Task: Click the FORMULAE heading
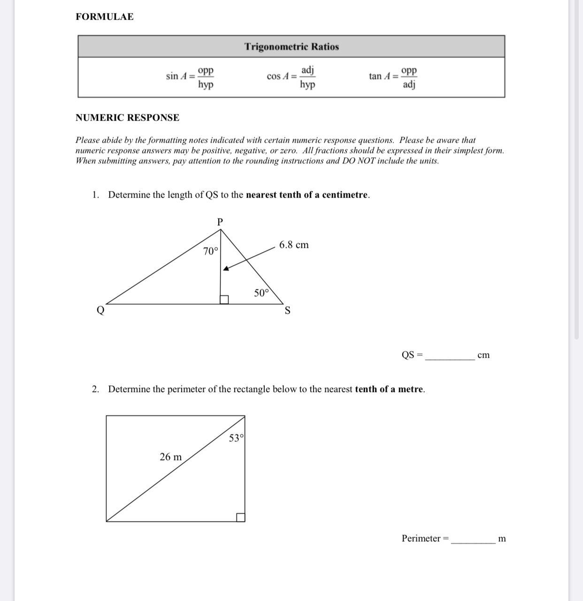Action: click(104, 17)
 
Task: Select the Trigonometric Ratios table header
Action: click(291, 46)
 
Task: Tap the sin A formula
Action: click(190, 77)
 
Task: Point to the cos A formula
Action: click(291, 77)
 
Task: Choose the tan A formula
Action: click(393, 77)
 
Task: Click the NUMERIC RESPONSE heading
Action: click(127, 118)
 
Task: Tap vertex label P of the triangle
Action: click(220, 222)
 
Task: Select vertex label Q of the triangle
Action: click(100, 310)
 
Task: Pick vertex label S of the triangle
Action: click(288, 311)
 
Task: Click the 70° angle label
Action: click(211, 252)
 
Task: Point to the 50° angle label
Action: click(261, 293)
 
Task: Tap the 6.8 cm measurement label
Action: click(294, 245)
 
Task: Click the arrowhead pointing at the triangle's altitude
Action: click(226, 268)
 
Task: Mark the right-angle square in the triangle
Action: click(224, 300)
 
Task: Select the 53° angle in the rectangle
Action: click(236, 439)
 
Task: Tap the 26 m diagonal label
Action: click(170, 457)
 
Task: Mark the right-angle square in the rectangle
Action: click(240, 517)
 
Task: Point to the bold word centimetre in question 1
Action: click(344, 195)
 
